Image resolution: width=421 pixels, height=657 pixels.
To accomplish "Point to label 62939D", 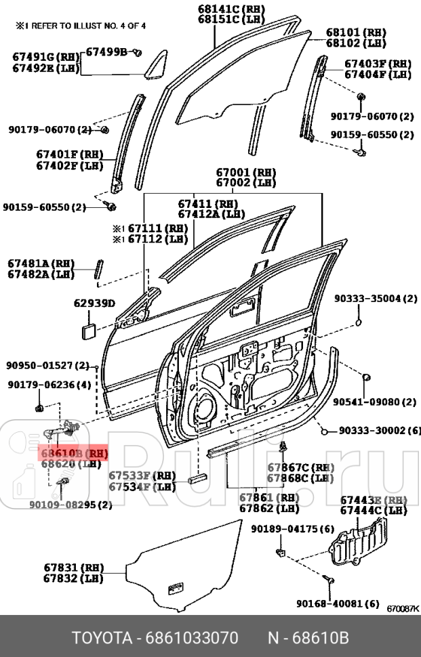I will click(x=94, y=303).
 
